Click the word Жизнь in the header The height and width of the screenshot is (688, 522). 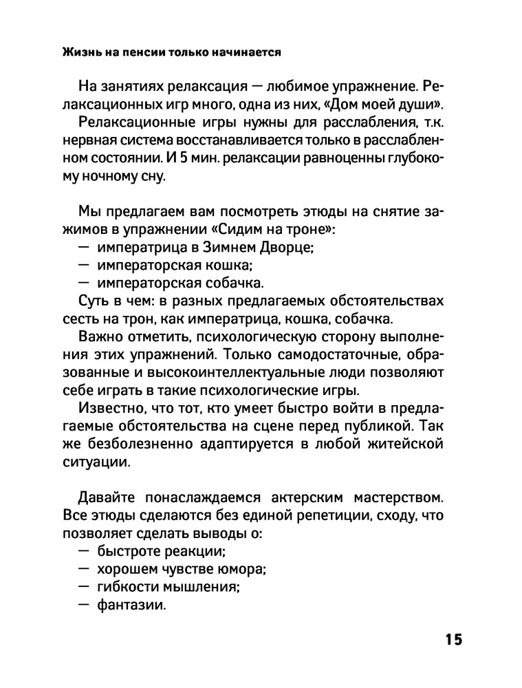pos(79,52)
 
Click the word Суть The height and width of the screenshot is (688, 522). pos(96,301)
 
